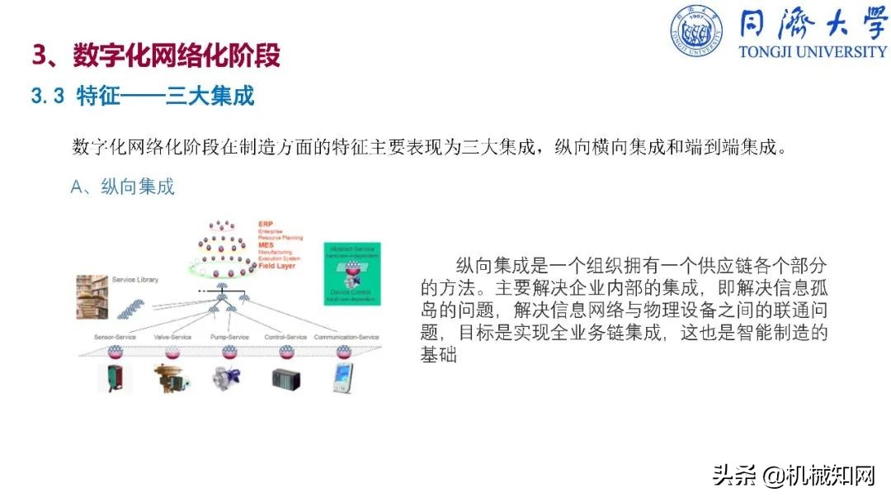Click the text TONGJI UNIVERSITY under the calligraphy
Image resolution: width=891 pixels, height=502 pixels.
point(813,51)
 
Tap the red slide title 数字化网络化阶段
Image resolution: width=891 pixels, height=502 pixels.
point(177,55)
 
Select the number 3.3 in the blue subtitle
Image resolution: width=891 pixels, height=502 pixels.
point(48,96)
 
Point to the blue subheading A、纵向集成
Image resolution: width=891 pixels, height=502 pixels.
point(123,187)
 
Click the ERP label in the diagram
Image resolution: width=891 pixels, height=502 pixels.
point(266,225)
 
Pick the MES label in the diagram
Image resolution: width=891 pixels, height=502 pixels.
point(266,245)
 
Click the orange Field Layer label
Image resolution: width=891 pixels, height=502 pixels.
point(276,265)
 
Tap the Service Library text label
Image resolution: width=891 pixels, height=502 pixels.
point(135,280)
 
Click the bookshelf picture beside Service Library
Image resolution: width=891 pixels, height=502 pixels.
point(92,296)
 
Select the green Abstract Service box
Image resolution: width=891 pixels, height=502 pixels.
point(352,275)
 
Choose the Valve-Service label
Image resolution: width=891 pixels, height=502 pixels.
point(172,337)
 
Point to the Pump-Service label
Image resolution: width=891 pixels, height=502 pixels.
point(229,337)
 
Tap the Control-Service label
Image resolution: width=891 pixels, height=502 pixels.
point(285,337)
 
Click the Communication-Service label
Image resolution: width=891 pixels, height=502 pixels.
point(346,337)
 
